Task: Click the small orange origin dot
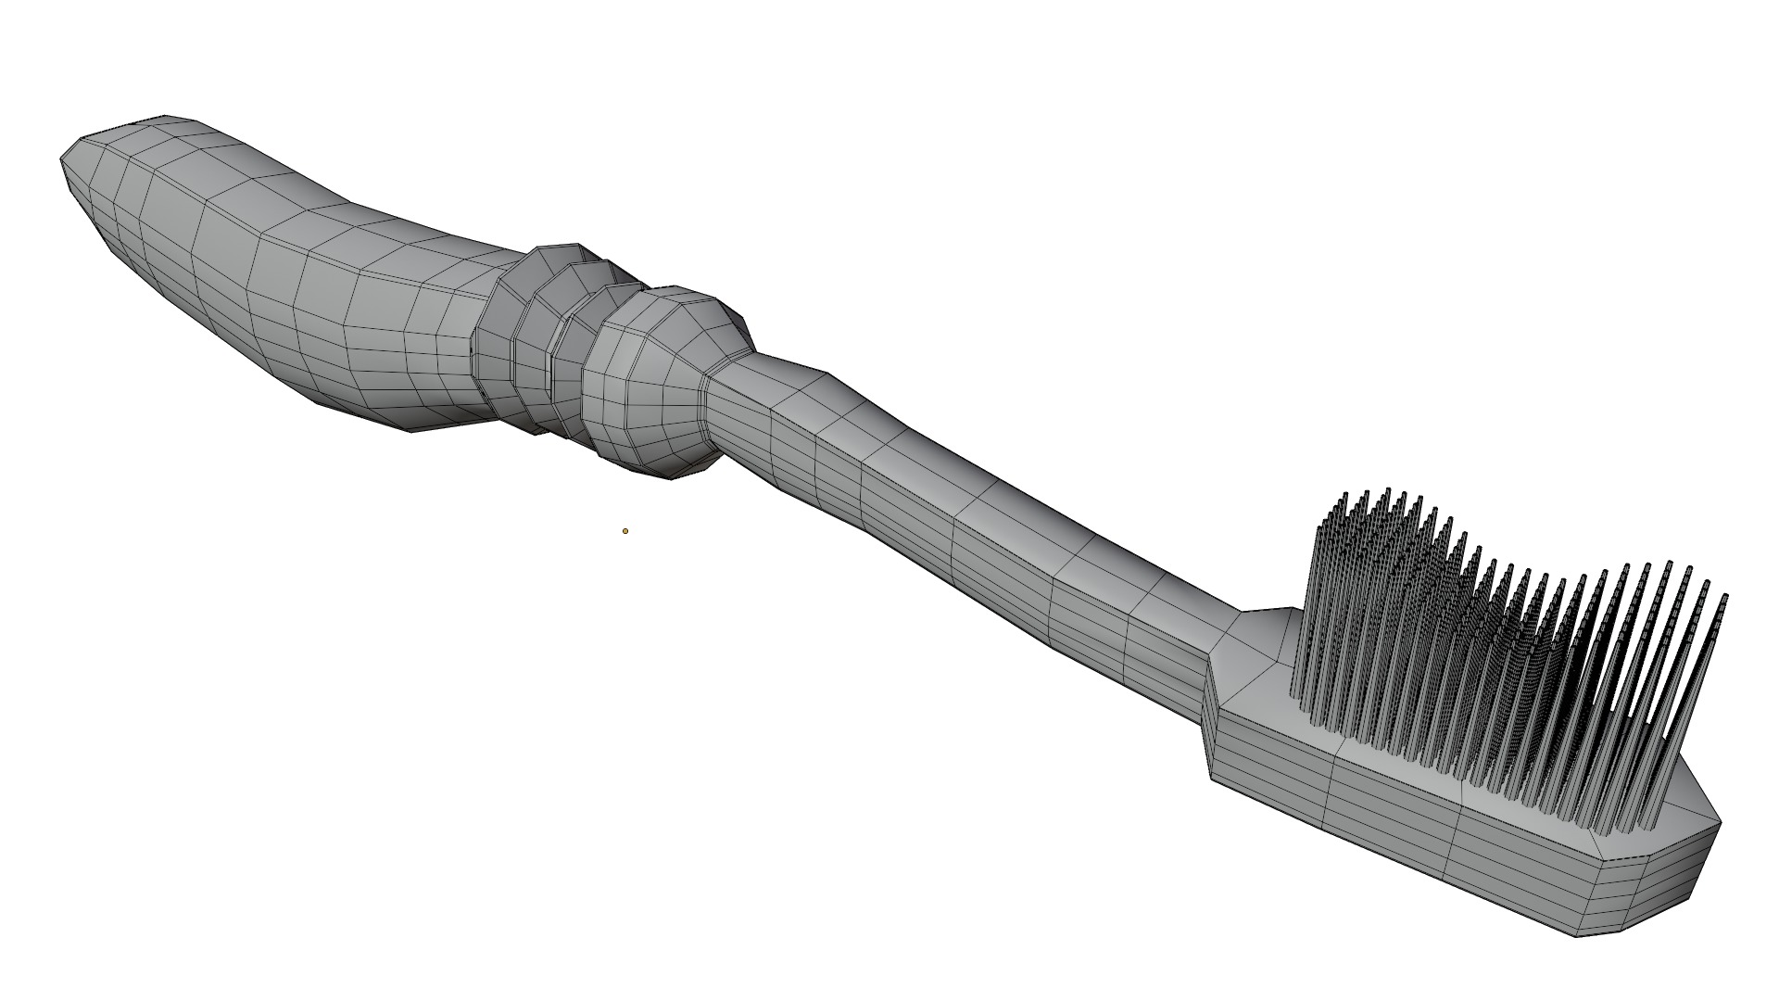click(625, 531)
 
